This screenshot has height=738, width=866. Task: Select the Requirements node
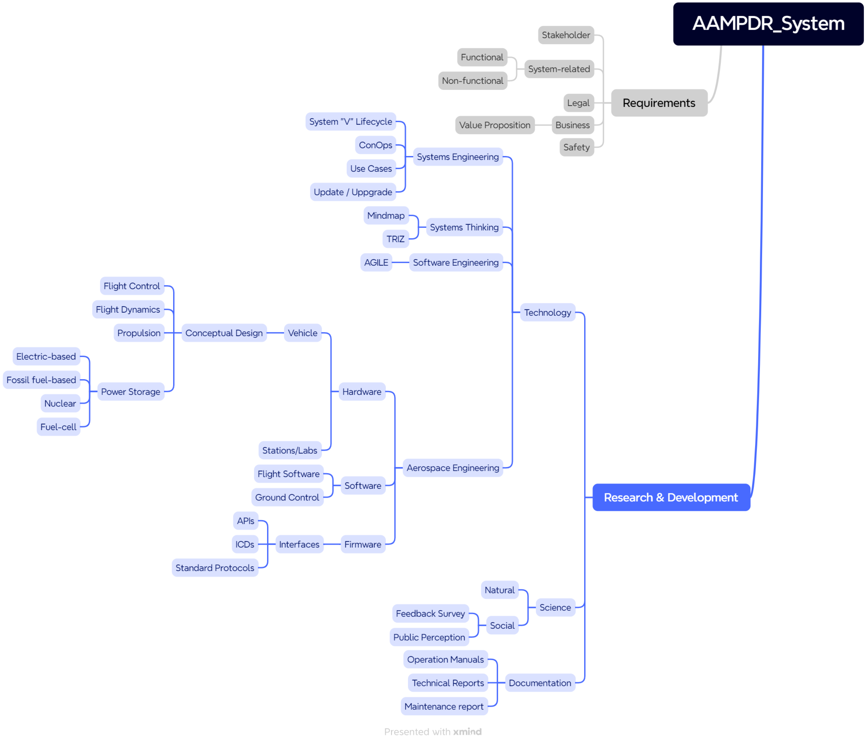[x=659, y=103]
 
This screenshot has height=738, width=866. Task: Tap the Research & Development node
[x=671, y=497]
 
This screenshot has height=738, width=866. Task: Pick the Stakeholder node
[x=566, y=35]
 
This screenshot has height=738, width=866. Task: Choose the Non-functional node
[x=472, y=81]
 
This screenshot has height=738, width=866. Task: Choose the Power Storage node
[x=130, y=392]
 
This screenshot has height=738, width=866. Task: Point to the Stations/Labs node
[x=290, y=450]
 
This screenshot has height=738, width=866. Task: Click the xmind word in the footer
[x=467, y=732]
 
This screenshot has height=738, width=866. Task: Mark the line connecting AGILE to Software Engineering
[x=400, y=263]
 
